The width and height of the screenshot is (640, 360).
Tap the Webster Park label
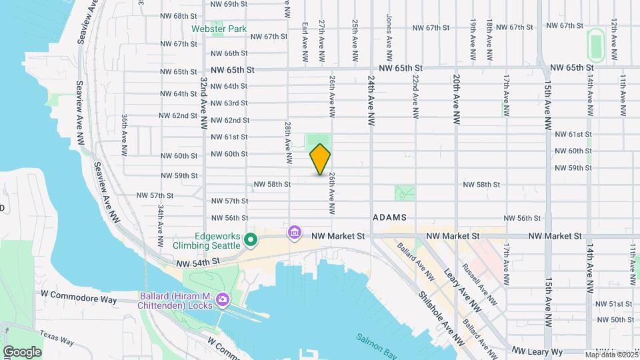(x=219, y=29)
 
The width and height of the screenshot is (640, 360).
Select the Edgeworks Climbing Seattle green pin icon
(x=250, y=239)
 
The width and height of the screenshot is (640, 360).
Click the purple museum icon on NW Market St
(x=294, y=233)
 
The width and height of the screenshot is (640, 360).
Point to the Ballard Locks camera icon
(x=222, y=301)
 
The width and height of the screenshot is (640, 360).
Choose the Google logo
(x=22, y=351)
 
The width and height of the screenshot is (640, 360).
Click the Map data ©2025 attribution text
(x=611, y=355)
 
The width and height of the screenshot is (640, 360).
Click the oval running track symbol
(x=595, y=45)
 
